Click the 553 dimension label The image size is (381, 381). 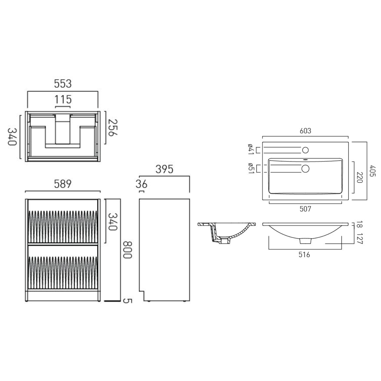[63, 84]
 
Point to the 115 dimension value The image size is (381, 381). [63, 99]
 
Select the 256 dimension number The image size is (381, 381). [113, 128]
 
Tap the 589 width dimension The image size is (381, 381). [63, 184]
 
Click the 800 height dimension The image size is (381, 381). [127, 250]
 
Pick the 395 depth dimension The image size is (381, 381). [164, 169]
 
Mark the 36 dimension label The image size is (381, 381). [141, 184]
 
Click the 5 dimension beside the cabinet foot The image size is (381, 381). [127, 301]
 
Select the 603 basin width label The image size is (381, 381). [305, 131]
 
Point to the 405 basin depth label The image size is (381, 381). [373, 171]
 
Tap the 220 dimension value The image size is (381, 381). [360, 177]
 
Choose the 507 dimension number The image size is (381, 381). [305, 209]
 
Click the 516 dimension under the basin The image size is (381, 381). [304, 255]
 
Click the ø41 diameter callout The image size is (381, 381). [250, 149]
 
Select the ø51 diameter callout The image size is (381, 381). [250, 168]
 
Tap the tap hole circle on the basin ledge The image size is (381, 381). [305, 150]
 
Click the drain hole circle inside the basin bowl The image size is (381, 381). [305, 169]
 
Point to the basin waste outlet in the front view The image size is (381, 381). [305, 241]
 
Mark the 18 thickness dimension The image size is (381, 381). [360, 225]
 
